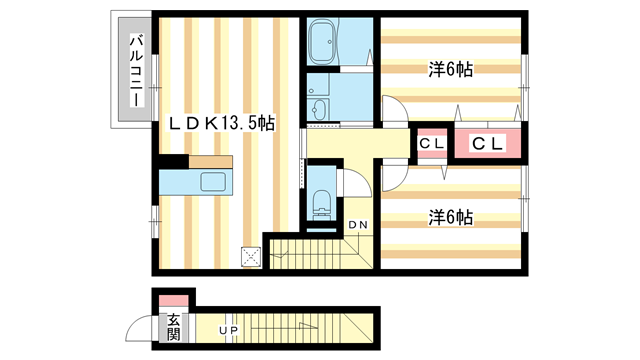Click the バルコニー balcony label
tap(134, 71)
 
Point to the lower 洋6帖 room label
tap(452, 216)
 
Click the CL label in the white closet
tap(432, 144)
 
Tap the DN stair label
tap(357, 224)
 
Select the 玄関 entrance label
tap(174, 327)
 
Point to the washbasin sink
tap(320, 109)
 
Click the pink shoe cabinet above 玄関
tap(174, 300)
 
